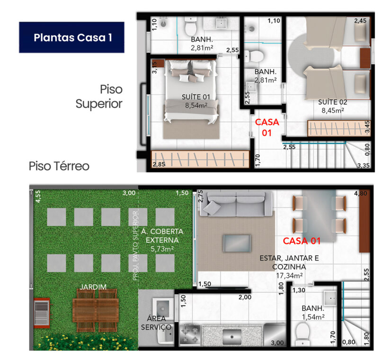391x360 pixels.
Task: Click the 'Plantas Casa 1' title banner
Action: pyautogui.click(x=71, y=37)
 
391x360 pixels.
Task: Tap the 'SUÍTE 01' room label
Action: pyautogui.click(x=196, y=97)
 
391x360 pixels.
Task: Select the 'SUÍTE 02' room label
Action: pyautogui.click(x=333, y=102)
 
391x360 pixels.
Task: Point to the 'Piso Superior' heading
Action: pyautogui.click(x=99, y=97)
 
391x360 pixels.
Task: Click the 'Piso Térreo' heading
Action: pyautogui.click(x=59, y=166)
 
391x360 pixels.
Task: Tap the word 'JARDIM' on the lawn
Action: pyautogui.click(x=93, y=287)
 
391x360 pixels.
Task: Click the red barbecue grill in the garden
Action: pyautogui.click(x=42, y=313)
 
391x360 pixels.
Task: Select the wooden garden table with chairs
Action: pyautogui.click(x=96, y=310)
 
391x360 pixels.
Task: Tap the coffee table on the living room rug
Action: pyautogui.click(x=237, y=243)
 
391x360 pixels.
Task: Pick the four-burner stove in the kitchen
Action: pyautogui.click(x=189, y=334)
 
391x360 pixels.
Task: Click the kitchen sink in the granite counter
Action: pyautogui.click(x=232, y=337)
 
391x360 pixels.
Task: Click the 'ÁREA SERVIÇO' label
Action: pyautogui.click(x=156, y=323)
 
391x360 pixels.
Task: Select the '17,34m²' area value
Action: pyautogui.click(x=289, y=276)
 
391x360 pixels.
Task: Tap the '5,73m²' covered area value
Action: pyautogui.click(x=162, y=249)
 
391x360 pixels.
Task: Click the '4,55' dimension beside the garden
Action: pyautogui.click(x=38, y=196)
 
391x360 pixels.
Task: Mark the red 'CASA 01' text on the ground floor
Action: pyautogui.click(x=302, y=241)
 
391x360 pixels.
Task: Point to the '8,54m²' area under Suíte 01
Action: pyautogui.click(x=196, y=106)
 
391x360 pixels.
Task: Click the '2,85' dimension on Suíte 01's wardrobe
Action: pyautogui.click(x=159, y=164)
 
